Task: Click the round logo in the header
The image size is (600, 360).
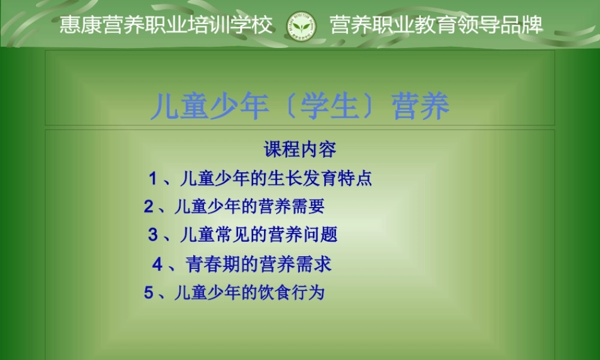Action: point(301,25)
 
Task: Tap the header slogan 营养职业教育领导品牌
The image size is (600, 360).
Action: point(436,25)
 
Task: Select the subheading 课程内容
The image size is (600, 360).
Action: point(300,149)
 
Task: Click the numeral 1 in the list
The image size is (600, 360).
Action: point(154,178)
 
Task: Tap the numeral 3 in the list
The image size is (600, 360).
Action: point(153,235)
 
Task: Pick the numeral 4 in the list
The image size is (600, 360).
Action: point(157,263)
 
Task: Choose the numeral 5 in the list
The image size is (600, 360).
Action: point(149,293)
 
